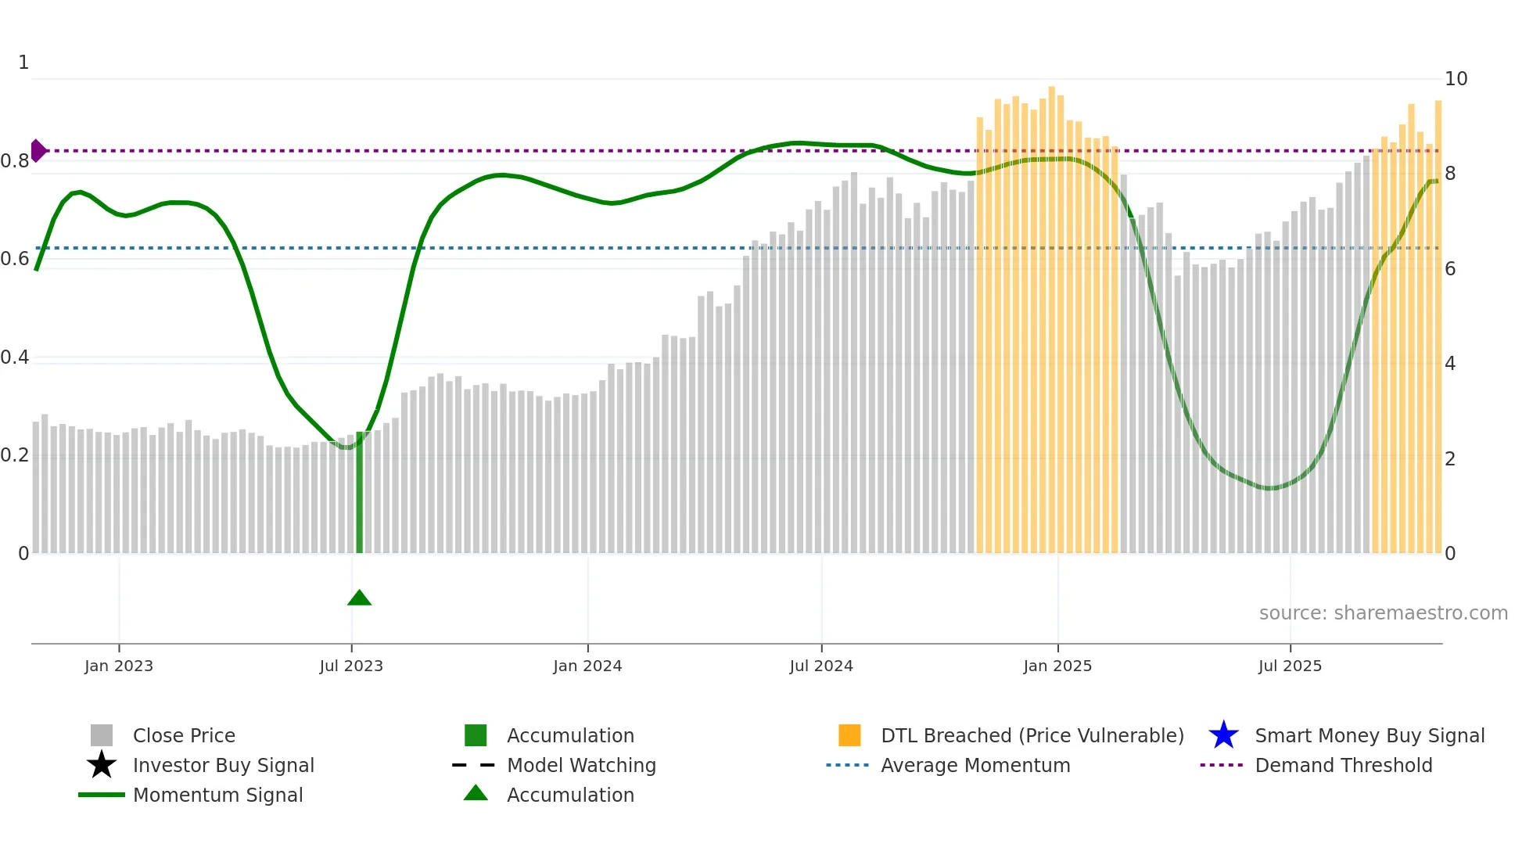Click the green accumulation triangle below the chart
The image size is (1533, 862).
pyautogui.click(x=359, y=598)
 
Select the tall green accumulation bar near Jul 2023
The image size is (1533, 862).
pyautogui.click(x=360, y=493)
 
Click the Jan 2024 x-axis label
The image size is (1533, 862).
pyautogui.click(x=587, y=666)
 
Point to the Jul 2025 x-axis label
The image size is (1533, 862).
pyautogui.click(x=1290, y=666)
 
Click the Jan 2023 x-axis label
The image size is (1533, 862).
pyautogui.click(x=119, y=666)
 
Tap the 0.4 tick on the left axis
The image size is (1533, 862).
pyautogui.click(x=15, y=357)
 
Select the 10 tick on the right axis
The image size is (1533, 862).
pyautogui.click(x=1456, y=79)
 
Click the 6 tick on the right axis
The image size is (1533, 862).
pyautogui.click(x=1450, y=269)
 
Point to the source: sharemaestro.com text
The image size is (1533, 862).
pyautogui.click(x=1383, y=612)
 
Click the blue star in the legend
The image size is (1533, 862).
pyautogui.click(x=1223, y=735)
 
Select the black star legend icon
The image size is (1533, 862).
pyautogui.click(x=102, y=765)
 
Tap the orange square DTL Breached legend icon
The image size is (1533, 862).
pyautogui.click(x=849, y=735)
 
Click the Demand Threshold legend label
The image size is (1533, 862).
pyautogui.click(x=1343, y=765)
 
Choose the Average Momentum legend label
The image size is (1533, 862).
pyautogui.click(x=975, y=765)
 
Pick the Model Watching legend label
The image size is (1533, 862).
pyautogui.click(x=581, y=765)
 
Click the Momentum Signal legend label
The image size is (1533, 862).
pyautogui.click(x=217, y=795)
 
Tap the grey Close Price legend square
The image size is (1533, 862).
pyautogui.click(x=102, y=735)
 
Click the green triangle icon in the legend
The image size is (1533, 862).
pyautogui.click(x=476, y=793)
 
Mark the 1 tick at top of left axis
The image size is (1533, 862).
pyautogui.click(x=23, y=63)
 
